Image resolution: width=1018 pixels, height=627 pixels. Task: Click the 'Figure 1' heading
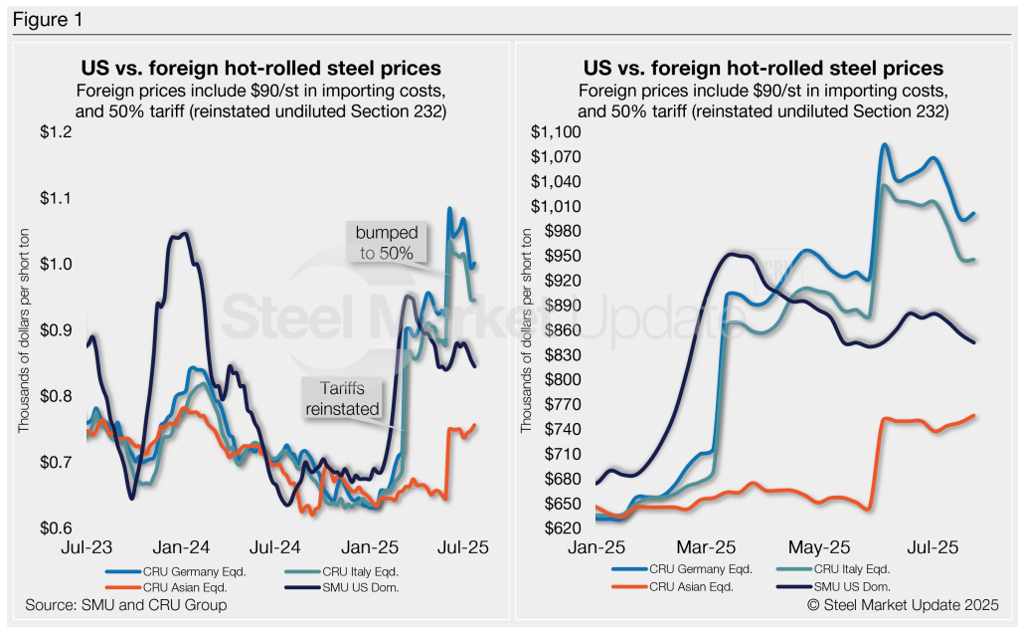[43, 19]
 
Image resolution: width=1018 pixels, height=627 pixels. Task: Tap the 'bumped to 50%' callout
[388, 243]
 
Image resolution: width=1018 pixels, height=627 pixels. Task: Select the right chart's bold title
[763, 69]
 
